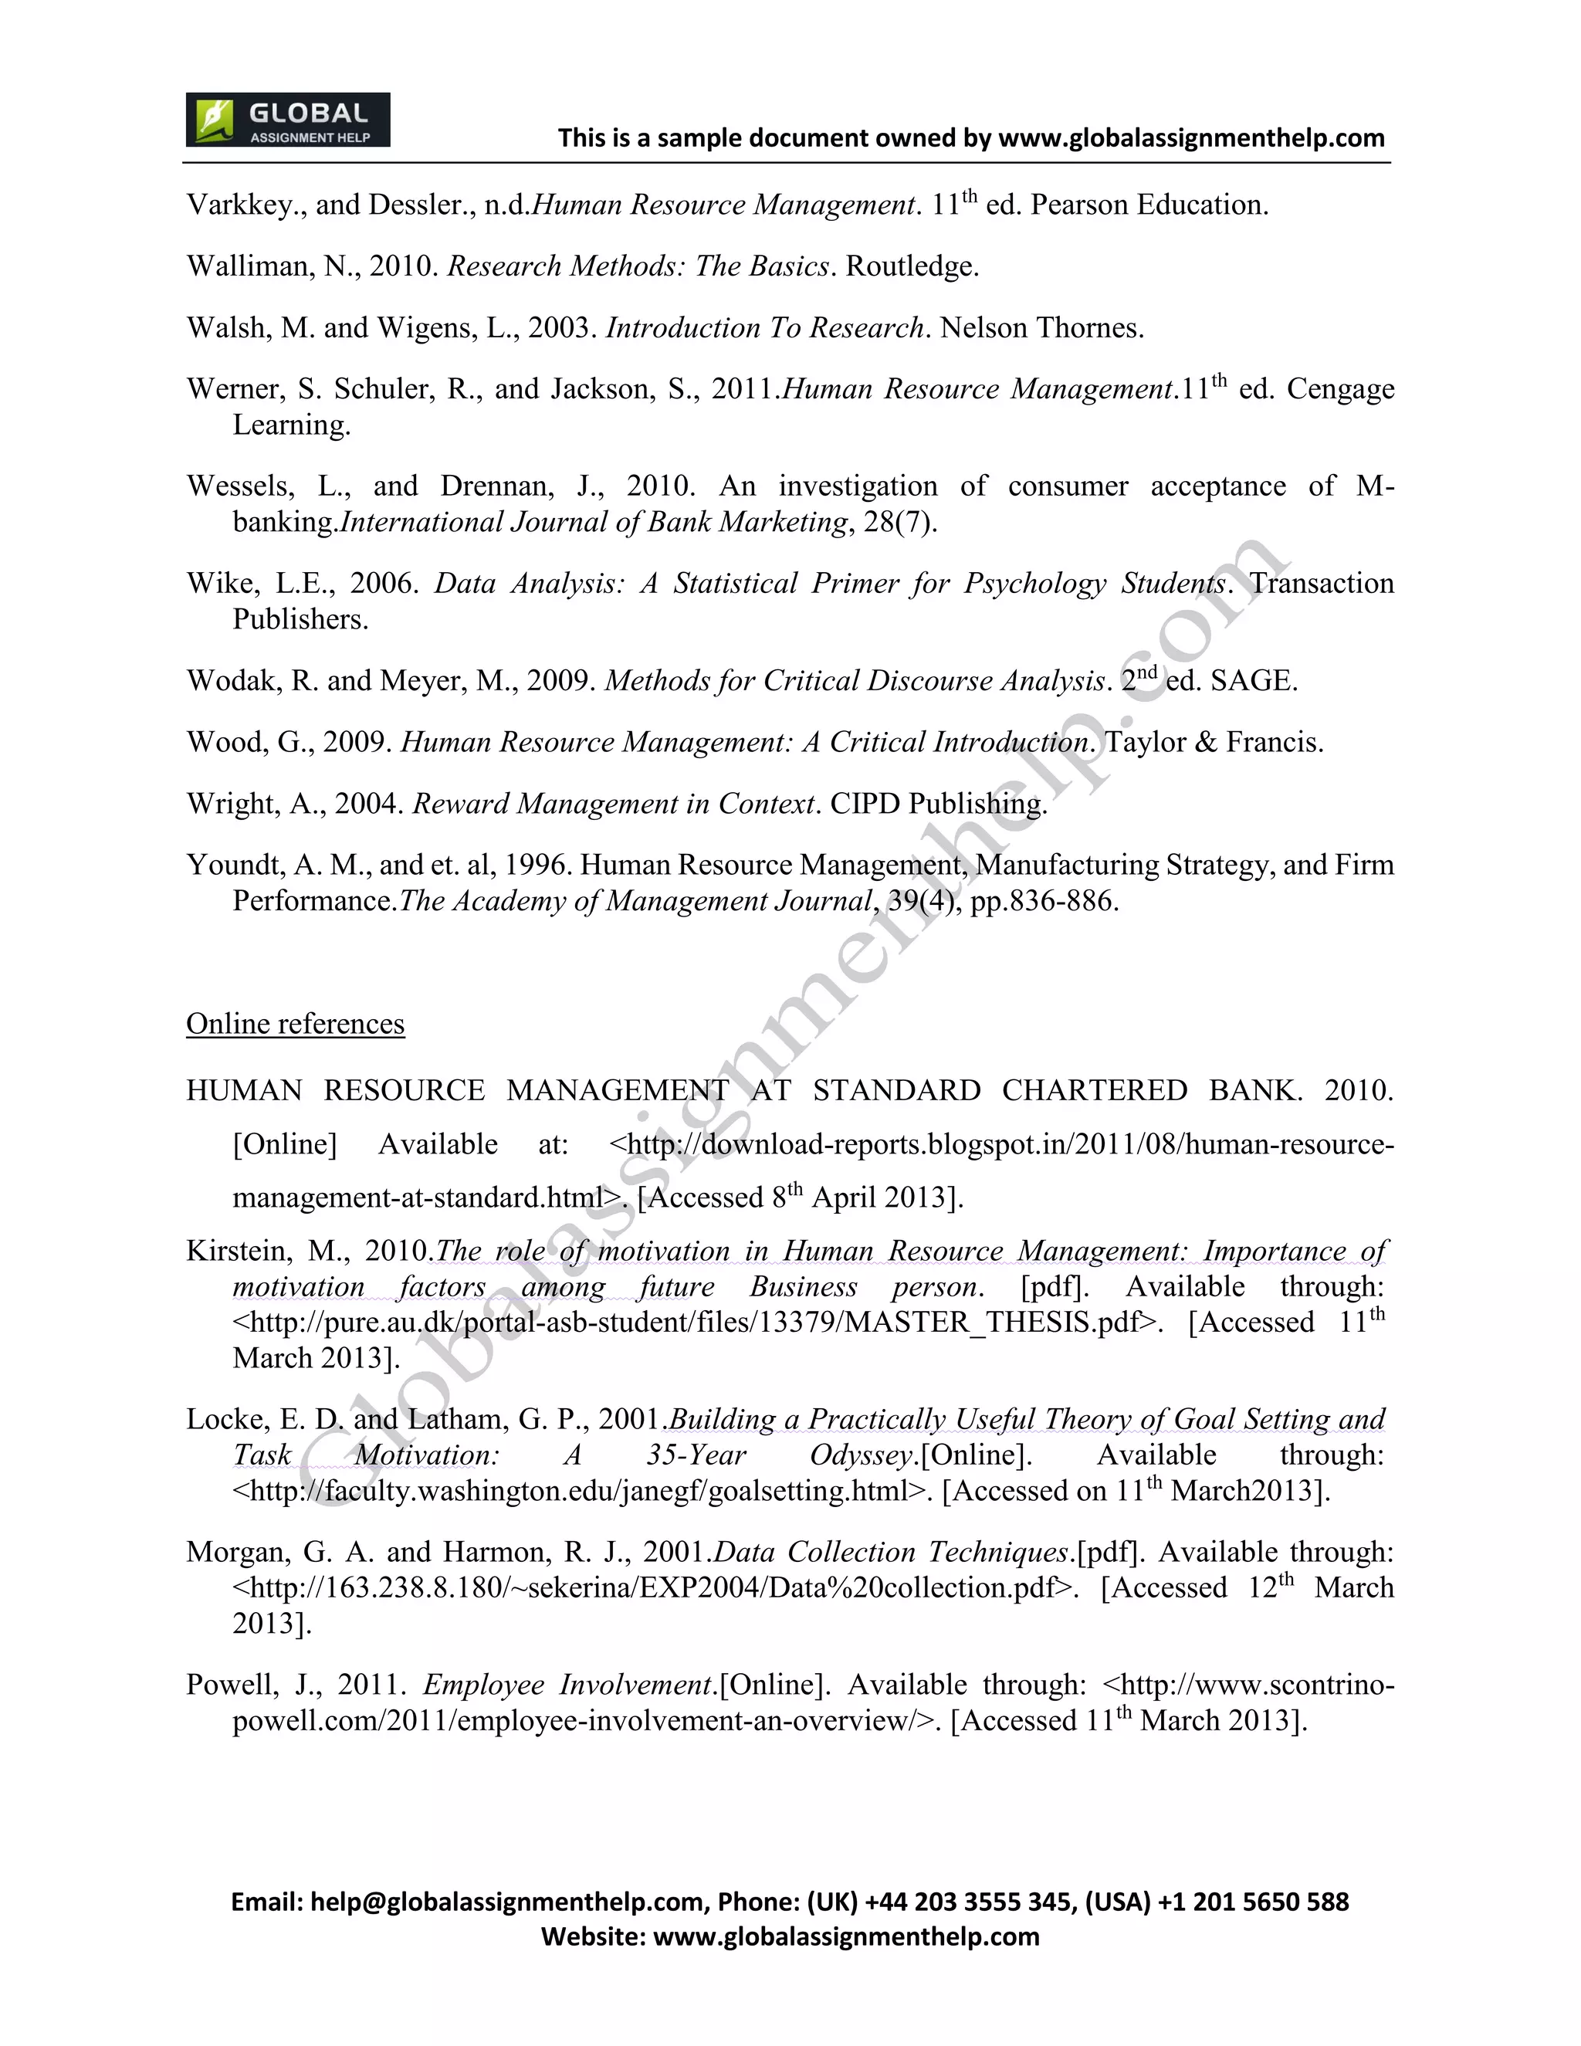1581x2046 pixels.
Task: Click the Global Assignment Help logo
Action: tap(287, 120)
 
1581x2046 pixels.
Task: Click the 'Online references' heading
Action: tap(295, 1024)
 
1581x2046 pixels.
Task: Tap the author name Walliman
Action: tap(245, 267)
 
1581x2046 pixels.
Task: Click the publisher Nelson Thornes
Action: tap(1041, 328)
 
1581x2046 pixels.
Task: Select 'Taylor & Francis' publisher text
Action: tap(1214, 743)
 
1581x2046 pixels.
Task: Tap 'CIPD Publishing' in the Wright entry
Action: tap(937, 804)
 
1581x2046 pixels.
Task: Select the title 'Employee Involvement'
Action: tap(568, 1685)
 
